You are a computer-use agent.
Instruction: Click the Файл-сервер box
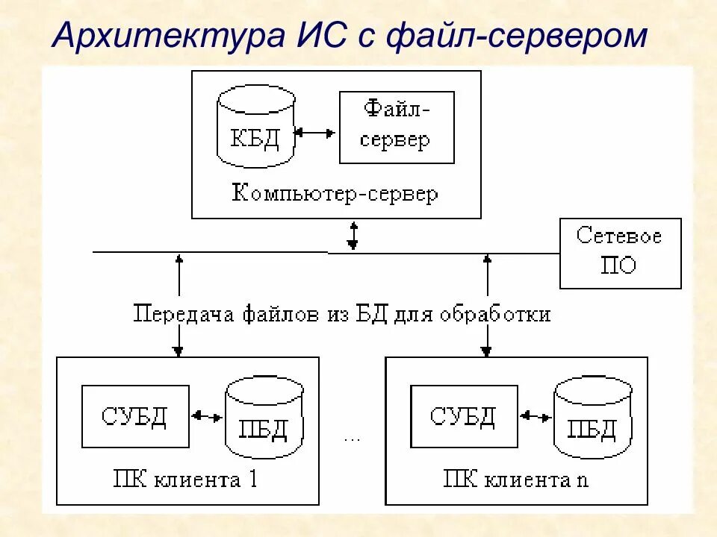(x=397, y=128)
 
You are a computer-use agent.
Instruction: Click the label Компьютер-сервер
(x=335, y=194)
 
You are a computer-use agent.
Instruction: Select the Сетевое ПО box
(x=620, y=253)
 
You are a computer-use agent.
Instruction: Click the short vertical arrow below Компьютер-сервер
(x=353, y=235)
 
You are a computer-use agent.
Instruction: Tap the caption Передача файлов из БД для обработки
(x=342, y=314)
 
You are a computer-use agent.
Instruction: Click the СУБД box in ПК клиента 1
(x=135, y=416)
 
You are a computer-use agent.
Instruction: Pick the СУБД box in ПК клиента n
(x=464, y=416)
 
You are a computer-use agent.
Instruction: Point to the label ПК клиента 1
(x=185, y=478)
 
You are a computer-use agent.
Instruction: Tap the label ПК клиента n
(x=515, y=478)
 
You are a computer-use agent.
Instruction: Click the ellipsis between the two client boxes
(x=352, y=439)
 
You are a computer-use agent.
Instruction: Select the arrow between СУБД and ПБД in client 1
(x=207, y=416)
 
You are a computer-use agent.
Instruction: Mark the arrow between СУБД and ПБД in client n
(x=536, y=416)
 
